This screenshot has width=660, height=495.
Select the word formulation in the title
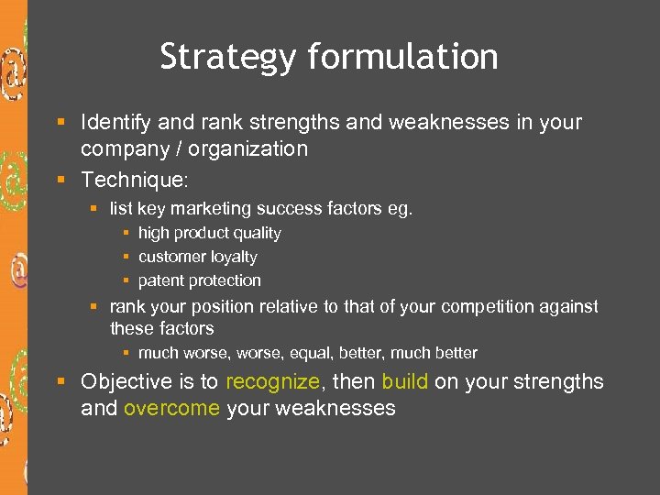(403, 57)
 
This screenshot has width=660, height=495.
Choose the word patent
(160, 280)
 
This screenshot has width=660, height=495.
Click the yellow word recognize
(272, 381)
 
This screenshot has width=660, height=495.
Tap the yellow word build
(404, 381)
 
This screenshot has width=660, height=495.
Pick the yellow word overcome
(171, 409)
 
